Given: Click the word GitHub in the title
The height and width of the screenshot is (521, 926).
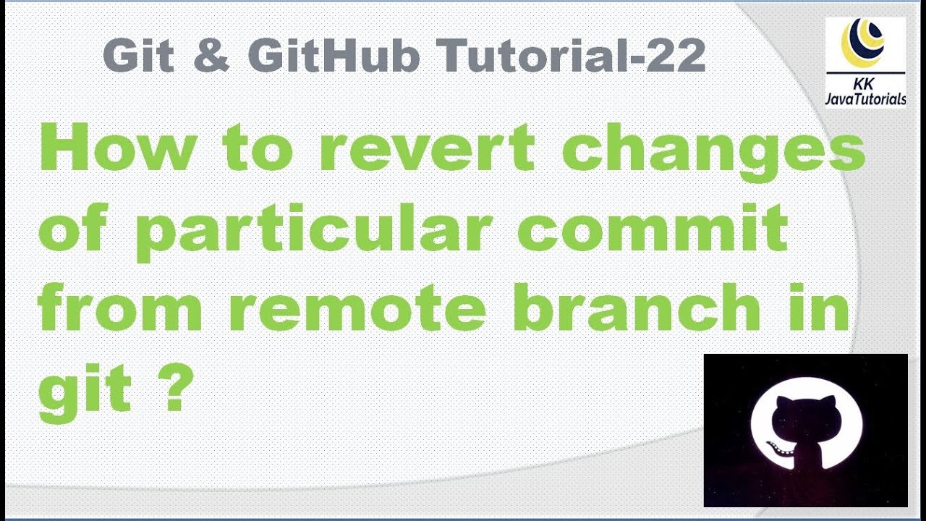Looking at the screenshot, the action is [334, 56].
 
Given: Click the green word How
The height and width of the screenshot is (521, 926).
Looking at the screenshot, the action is [117, 148].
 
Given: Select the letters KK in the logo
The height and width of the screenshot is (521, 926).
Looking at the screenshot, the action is [864, 84].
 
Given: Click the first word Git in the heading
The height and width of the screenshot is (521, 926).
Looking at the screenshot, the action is [138, 56].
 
